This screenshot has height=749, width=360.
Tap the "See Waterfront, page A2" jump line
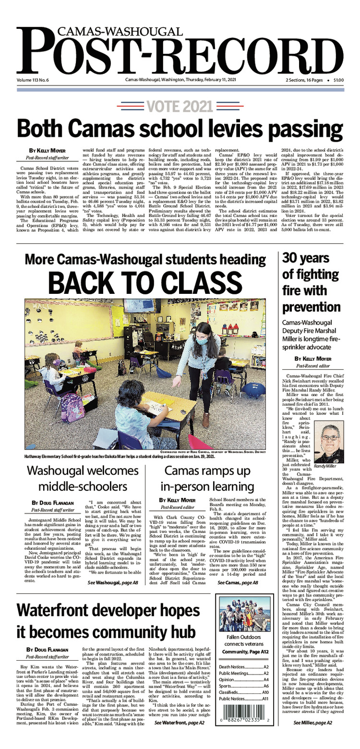(179, 735)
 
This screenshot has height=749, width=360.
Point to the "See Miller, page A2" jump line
(312, 736)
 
